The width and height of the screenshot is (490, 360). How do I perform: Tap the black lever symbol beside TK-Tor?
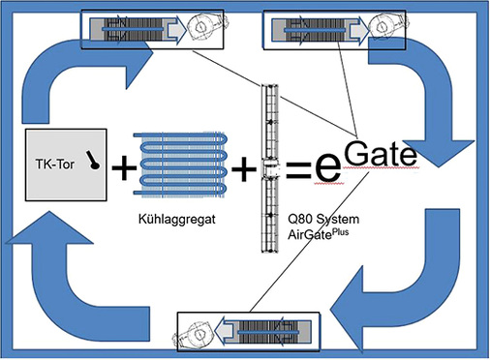click(94, 161)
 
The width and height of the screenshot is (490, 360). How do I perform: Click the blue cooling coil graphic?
click(184, 163)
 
